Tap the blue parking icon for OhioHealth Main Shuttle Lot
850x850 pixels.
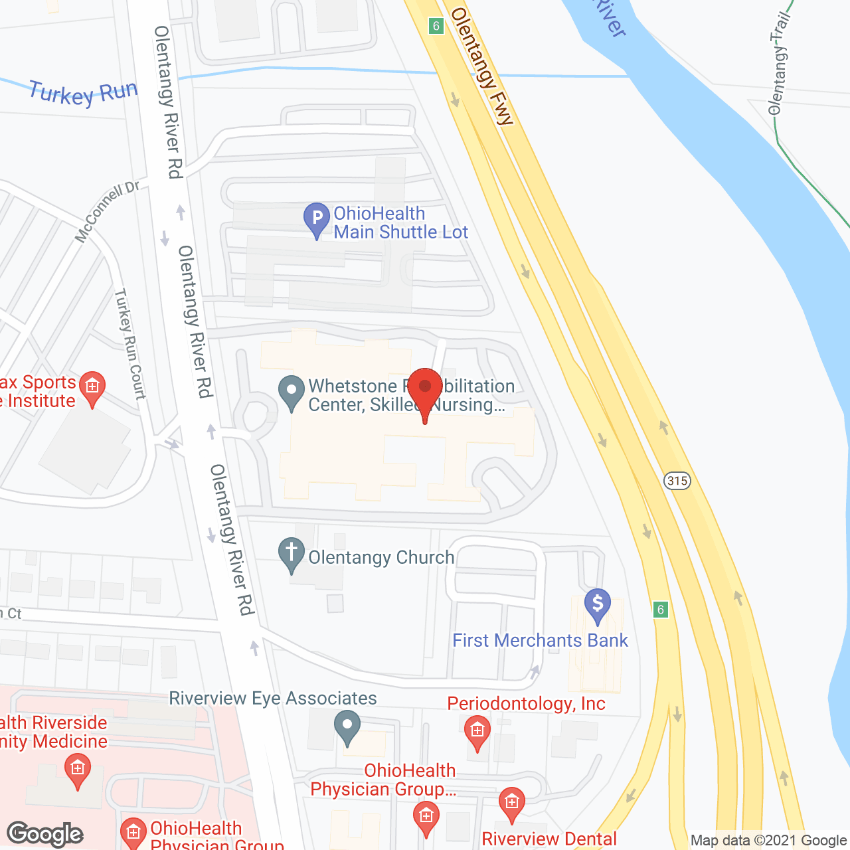tap(317, 218)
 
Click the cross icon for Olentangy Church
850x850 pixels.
tap(291, 554)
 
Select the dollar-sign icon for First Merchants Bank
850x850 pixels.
tap(598, 605)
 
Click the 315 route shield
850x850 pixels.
tap(677, 480)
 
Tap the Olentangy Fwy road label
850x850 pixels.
tap(482, 66)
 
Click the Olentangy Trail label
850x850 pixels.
tap(778, 64)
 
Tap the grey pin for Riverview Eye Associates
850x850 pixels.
tap(347, 726)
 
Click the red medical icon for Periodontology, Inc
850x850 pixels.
tap(477, 732)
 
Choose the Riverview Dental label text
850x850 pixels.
tap(549, 839)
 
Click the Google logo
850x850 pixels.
tap(45, 834)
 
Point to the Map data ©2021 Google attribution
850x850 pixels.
tap(768, 841)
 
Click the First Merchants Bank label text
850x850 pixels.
tap(540, 640)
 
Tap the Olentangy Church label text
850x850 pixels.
tap(381, 557)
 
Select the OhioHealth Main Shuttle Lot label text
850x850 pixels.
tap(400, 222)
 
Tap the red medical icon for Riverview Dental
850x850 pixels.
tap(511, 803)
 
